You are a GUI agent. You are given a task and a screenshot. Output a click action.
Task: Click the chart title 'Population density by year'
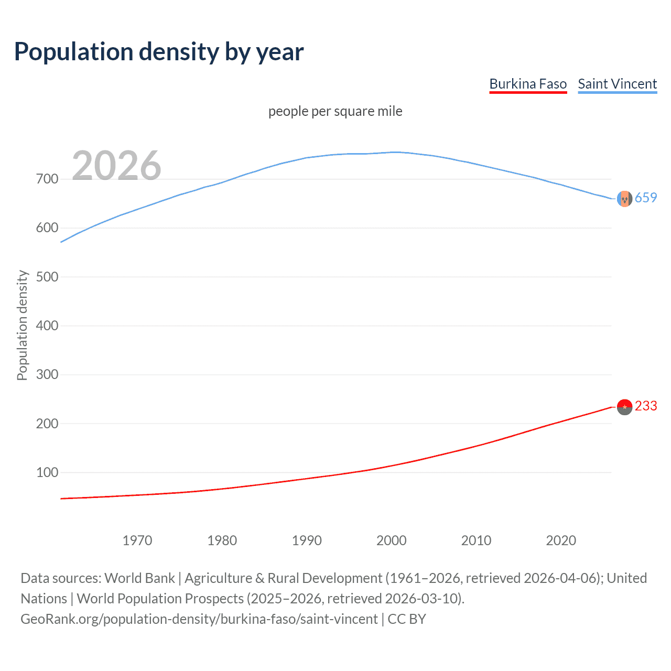pyautogui.click(x=159, y=52)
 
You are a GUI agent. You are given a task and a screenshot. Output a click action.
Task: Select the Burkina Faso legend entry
pyautogui.click(x=528, y=84)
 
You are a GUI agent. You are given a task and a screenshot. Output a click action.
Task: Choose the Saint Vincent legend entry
pyautogui.click(x=617, y=84)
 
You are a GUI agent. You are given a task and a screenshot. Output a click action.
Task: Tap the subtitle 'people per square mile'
pyautogui.click(x=335, y=112)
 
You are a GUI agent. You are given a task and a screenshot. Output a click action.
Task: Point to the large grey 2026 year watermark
pyautogui.click(x=116, y=166)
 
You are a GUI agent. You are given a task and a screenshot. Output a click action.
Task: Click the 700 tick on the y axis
pyautogui.click(x=47, y=179)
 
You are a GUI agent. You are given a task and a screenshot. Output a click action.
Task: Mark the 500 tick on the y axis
pyautogui.click(x=47, y=277)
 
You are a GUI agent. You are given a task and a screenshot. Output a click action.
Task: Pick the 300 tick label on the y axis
pyautogui.click(x=47, y=375)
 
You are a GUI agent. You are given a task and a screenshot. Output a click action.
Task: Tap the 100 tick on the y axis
pyautogui.click(x=47, y=472)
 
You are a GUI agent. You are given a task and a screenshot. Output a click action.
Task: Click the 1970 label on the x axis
pyautogui.click(x=137, y=540)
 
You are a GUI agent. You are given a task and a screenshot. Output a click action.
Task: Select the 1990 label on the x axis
pyautogui.click(x=307, y=540)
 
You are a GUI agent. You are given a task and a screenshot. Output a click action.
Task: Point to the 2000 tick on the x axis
pyautogui.click(x=392, y=540)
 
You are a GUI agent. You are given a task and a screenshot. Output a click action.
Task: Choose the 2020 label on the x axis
pyautogui.click(x=561, y=540)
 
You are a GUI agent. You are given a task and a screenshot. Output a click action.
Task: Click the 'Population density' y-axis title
pyautogui.click(x=22, y=325)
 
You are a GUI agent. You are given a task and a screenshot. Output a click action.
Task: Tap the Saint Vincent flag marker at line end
pyautogui.click(x=624, y=199)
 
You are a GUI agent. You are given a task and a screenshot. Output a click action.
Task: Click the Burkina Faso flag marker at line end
pyautogui.click(x=624, y=407)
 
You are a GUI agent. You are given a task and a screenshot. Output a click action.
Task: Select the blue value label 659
pyautogui.click(x=646, y=198)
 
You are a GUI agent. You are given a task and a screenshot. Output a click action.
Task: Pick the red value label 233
pyautogui.click(x=646, y=406)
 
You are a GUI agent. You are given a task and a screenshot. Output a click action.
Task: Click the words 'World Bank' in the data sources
pyautogui.click(x=139, y=578)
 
